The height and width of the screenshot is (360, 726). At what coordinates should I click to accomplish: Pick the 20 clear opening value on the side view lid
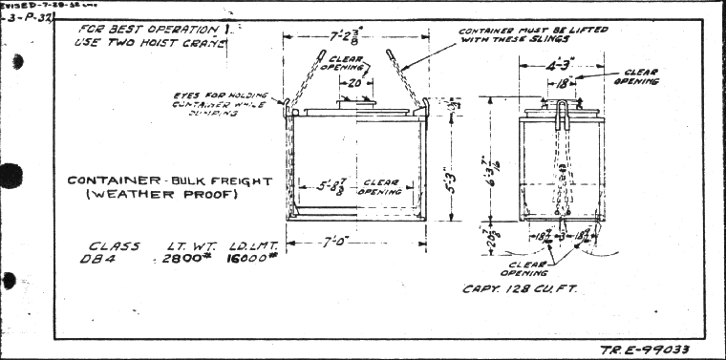pyautogui.click(x=353, y=84)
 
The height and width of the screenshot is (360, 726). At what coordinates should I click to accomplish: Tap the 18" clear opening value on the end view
pyautogui.click(x=563, y=83)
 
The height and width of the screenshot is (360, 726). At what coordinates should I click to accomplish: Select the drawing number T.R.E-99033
pyautogui.click(x=645, y=349)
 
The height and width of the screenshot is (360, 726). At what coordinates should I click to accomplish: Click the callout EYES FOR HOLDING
pyautogui.click(x=221, y=95)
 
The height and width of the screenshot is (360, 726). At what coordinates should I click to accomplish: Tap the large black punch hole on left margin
pyautogui.click(x=10, y=176)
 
